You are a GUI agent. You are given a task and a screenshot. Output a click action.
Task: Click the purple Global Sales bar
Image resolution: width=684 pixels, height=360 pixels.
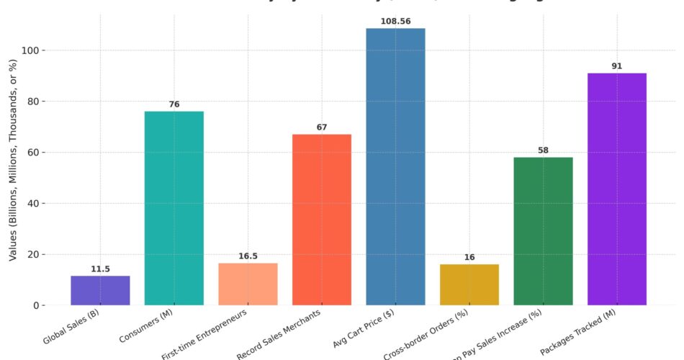pos(100,290)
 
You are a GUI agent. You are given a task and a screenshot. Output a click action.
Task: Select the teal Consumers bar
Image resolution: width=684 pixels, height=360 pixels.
pos(174,208)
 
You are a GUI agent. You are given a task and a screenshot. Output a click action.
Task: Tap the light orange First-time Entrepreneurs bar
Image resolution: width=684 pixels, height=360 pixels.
pos(248,284)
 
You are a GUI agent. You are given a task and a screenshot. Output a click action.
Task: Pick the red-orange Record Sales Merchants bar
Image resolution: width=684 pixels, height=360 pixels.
pos(321,220)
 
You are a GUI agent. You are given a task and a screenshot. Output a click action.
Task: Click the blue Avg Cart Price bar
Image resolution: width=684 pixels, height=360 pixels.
pos(395,166)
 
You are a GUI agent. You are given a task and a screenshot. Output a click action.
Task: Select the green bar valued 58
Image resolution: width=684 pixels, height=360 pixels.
pos(543,231)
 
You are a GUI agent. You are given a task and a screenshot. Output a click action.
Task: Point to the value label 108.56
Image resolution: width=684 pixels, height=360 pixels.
pos(395,22)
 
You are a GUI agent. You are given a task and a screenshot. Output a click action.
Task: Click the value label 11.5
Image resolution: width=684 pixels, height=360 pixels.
pos(100,269)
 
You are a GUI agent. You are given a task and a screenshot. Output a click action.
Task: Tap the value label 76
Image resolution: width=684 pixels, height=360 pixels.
pos(174,104)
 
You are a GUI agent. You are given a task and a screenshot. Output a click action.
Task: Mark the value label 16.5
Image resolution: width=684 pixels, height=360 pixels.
pos(248,256)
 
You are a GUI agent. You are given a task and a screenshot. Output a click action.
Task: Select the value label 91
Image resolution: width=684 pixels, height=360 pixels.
pos(616,66)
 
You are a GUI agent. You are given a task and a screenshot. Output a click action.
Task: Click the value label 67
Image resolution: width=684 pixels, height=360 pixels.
pos(321,127)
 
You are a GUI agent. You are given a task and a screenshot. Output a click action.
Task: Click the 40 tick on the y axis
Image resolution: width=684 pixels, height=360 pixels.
pos(37,203)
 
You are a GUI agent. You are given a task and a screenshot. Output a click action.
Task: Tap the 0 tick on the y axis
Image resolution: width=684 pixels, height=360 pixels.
pos(40,305)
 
